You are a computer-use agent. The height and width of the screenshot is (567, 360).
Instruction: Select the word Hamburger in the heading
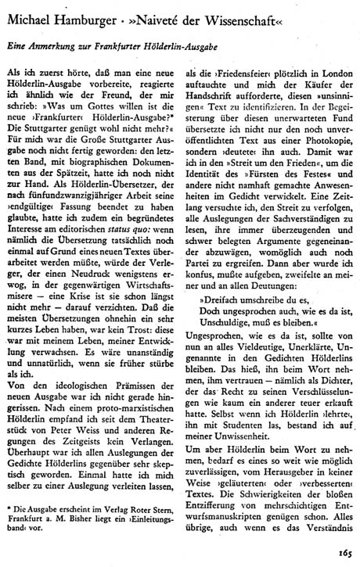(x=92, y=17)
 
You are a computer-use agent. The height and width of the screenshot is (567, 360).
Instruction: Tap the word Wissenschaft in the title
(x=236, y=17)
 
